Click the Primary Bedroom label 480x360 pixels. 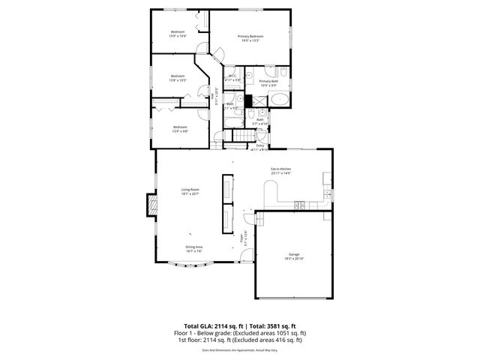click(x=250, y=37)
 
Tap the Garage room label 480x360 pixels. click(x=293, y=254)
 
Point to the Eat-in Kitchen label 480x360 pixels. click(x=280, y=169)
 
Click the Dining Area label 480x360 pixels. click(x=194, y=247)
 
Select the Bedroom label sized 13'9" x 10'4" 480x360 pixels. click(x=177, y=31)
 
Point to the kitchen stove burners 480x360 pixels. click(x=298, y=204)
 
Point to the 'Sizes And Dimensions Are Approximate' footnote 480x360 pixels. click(x=239, y=349)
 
